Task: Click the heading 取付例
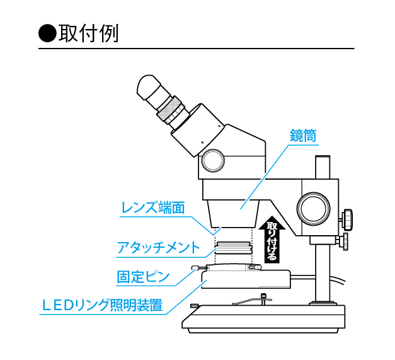(x=88, y=33)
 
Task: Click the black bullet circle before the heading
(x=47, y=33)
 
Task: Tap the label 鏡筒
(x=302, y=135)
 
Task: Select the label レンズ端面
(x=153, y=207)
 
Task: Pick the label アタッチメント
(x=158, y=247)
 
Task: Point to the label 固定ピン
(x=143, y=277)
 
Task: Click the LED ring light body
(x=246, y=279)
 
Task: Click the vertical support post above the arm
(x=323, y=167)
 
